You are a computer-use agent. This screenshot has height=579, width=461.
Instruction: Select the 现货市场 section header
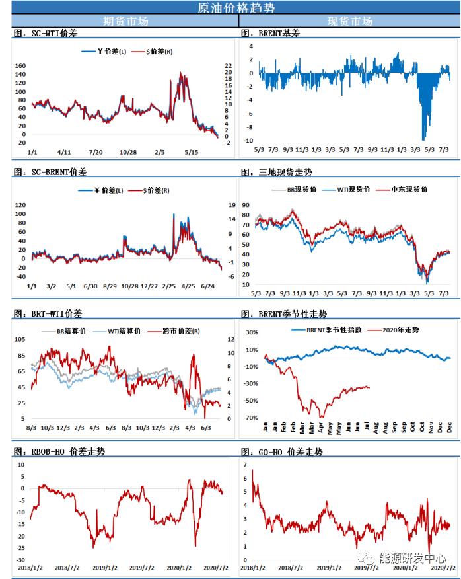[350, 21]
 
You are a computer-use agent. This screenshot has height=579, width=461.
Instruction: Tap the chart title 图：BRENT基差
[270, 33]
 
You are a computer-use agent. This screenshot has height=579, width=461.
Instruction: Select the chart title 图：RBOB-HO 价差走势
[59, 452]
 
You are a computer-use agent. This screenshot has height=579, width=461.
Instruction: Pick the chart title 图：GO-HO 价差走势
[282, 452]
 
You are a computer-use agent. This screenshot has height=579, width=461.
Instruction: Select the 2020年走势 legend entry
[400, 329]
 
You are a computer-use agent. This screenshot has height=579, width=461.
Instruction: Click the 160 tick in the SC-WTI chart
[20, 66]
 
